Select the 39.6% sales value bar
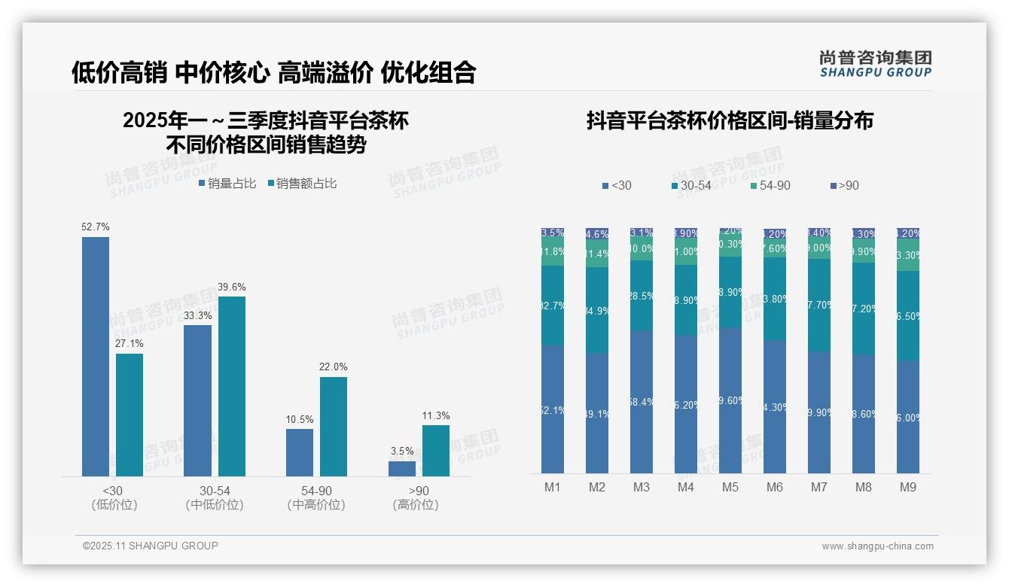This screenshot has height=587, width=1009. [231, 386]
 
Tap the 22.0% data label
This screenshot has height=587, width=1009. [333, 366]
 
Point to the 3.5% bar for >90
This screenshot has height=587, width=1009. [402, 468]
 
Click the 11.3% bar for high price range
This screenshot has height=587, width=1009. [435, 450]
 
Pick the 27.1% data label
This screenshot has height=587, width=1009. [129, 343]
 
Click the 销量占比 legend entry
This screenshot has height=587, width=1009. [227, 183]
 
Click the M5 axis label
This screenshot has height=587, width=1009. [730, 487]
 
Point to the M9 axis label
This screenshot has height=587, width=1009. [908, 487]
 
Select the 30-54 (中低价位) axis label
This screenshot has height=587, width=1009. [214, 497]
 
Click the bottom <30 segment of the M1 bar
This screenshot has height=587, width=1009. [552, 409]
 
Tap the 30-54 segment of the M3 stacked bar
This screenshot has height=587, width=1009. [641, 296]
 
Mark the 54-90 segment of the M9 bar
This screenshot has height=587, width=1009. [908, 255]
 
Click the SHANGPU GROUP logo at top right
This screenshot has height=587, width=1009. [875, 64]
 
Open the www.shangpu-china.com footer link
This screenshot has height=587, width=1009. [877, 546]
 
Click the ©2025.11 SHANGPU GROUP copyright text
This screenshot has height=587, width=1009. [150, 546]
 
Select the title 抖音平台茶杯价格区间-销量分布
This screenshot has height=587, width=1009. [729, 120]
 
